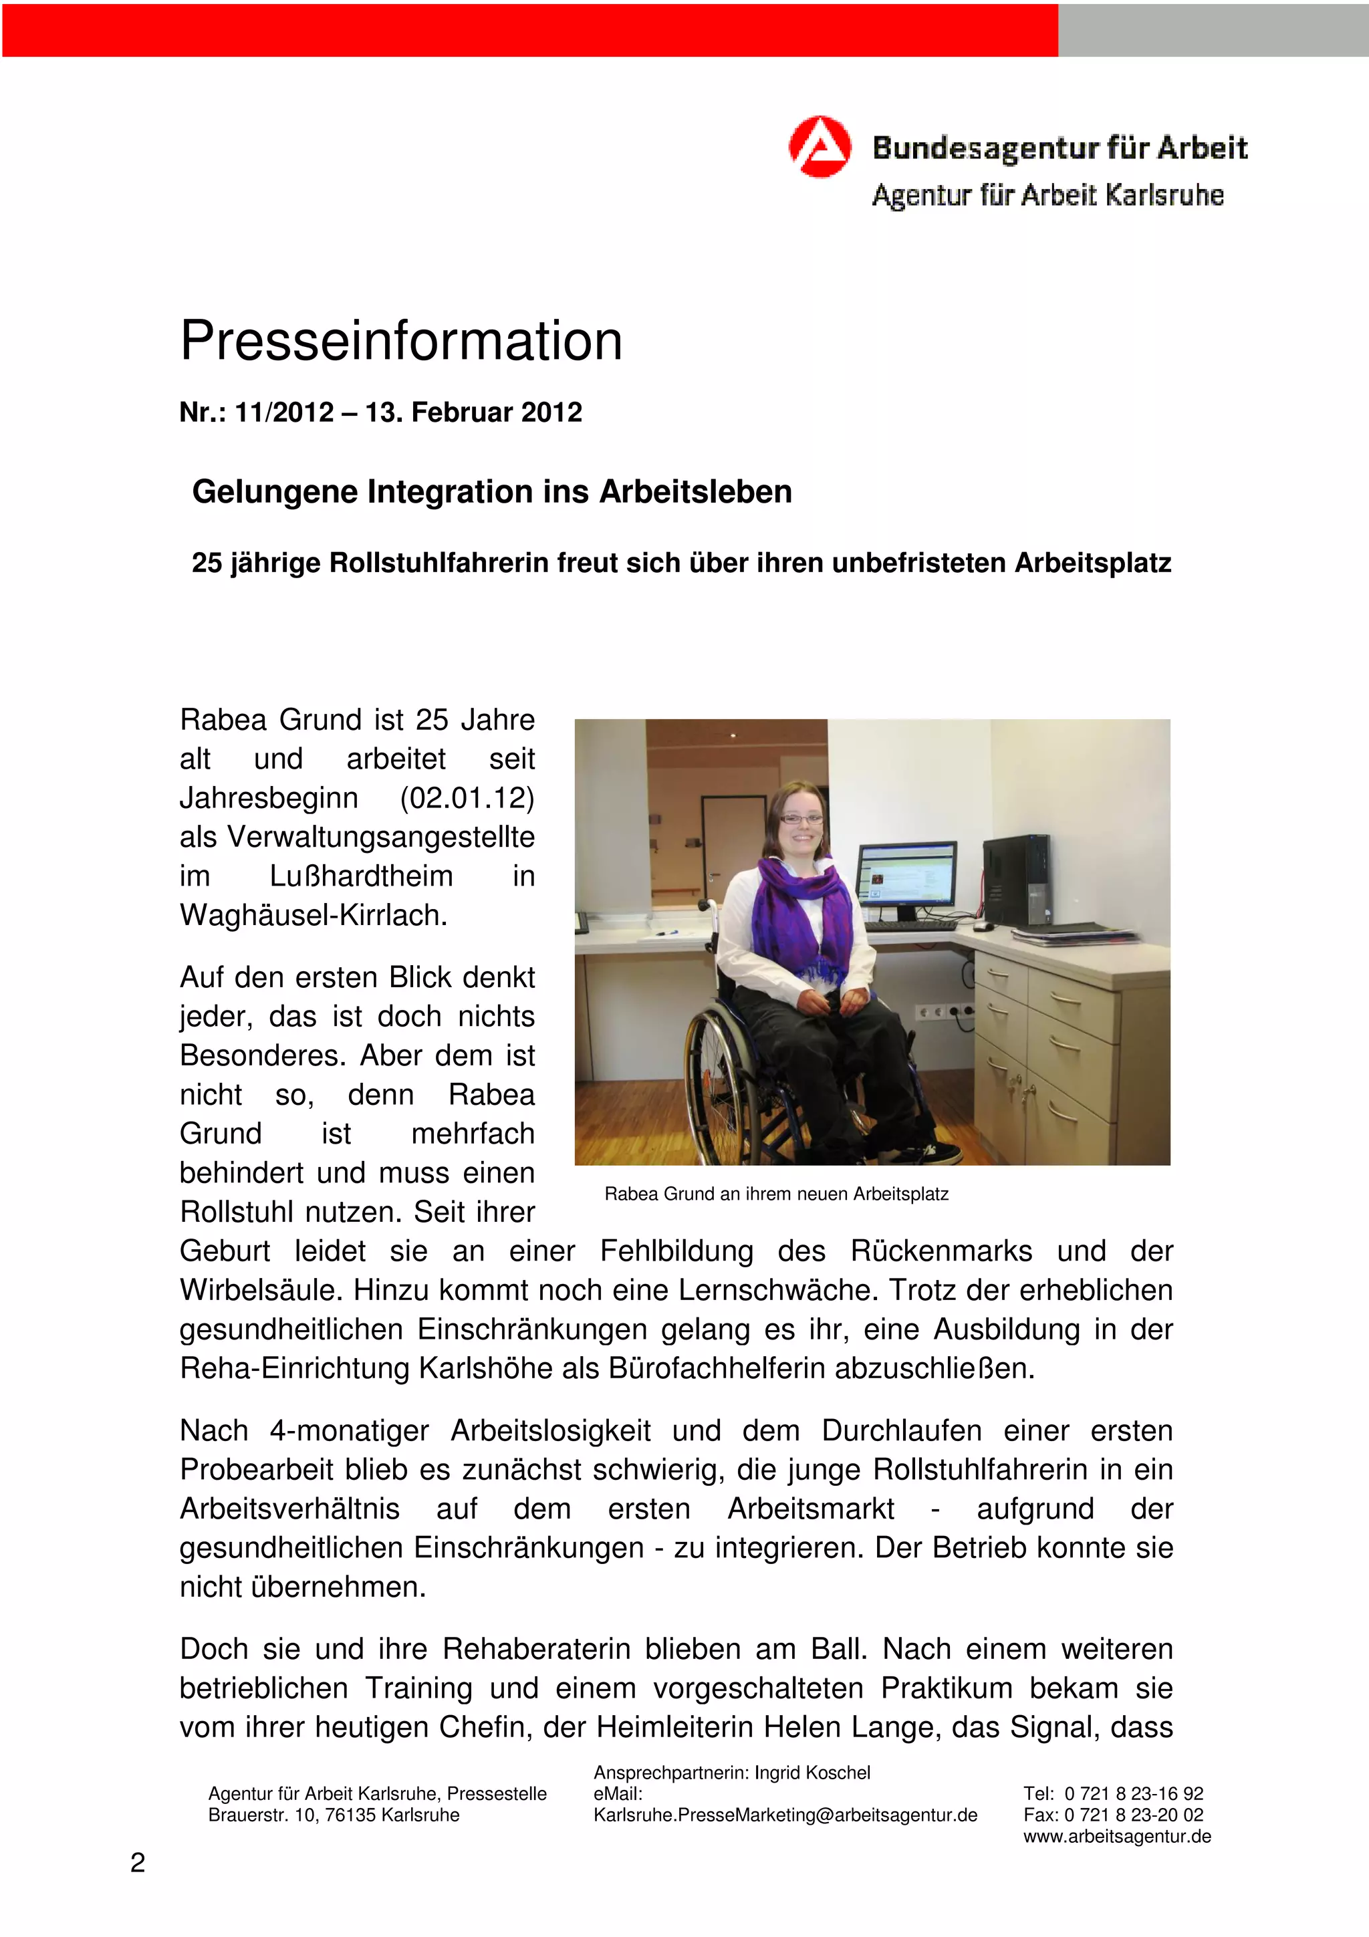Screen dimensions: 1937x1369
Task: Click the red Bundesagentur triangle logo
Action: tap(819, 147)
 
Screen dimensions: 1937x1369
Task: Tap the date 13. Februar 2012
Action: tap(473, 412)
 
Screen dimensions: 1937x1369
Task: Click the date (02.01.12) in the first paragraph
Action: tap(467, 798)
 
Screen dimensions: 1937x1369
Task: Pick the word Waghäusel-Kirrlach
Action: tap(313, 915)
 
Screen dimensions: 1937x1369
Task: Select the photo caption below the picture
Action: tap(776, 1194)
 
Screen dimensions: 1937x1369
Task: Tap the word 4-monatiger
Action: tap(349, 1431)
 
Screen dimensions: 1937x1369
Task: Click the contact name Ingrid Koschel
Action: tap(812, 1773)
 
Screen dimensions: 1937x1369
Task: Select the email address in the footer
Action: tap(785, 1815)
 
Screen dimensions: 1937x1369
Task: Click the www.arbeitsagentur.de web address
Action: tap(1117, 1837)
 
